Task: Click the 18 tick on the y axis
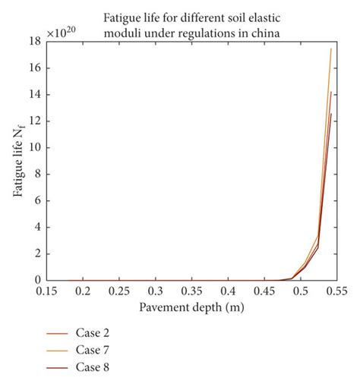[33, 41]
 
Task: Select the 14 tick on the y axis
[33, 94]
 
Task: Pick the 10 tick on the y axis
[33, 147]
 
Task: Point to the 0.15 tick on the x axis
[47, 291]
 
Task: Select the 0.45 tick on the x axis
[266, 291]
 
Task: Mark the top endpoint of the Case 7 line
[331, 49]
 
